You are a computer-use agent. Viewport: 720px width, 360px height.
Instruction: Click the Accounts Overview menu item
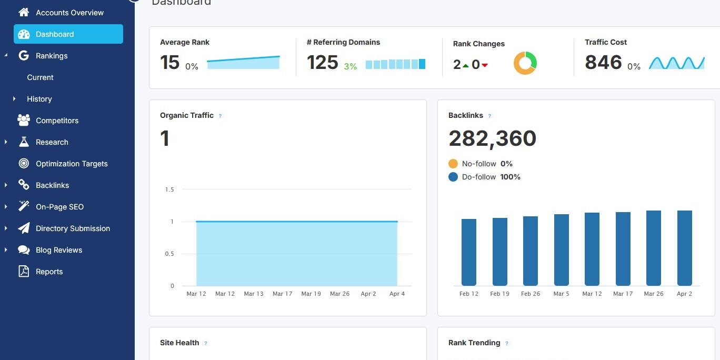tap(69, 13)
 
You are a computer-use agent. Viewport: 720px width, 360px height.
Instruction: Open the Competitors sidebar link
tap(57, 121)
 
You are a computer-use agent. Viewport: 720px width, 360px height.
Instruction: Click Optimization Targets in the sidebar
tap(72, 164)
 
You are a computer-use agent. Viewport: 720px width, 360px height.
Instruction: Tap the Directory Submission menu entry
tap(73, 228)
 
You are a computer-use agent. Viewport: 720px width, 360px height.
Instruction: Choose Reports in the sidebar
tap(49, 272)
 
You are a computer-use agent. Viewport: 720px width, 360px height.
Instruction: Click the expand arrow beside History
tap(14, 99)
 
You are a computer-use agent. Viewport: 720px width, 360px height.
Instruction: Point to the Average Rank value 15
tap(170, 63)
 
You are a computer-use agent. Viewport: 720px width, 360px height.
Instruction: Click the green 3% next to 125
tap(350, 66)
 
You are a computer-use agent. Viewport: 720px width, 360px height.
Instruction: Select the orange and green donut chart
tap(525, 63)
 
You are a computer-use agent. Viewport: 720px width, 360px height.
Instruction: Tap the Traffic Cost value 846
tap(603, 63)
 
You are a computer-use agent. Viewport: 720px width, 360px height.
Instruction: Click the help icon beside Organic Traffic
tap(220, 116)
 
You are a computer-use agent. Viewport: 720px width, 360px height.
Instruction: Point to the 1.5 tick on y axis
tap(169, 189)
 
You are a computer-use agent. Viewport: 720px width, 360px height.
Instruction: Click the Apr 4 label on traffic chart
tap(397, 294)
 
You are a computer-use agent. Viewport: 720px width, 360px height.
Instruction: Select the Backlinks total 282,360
tap(492, 138)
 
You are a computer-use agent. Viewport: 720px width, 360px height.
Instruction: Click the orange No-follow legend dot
tap(453, 164)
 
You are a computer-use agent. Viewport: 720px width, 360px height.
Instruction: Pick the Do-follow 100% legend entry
tap(491, 177)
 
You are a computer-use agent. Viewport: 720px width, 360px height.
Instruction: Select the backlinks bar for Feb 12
tap(468, 253)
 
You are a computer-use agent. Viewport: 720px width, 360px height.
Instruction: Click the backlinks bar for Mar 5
tap(561, 250)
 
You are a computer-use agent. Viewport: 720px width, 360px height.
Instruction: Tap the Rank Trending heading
tap(474, 343)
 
